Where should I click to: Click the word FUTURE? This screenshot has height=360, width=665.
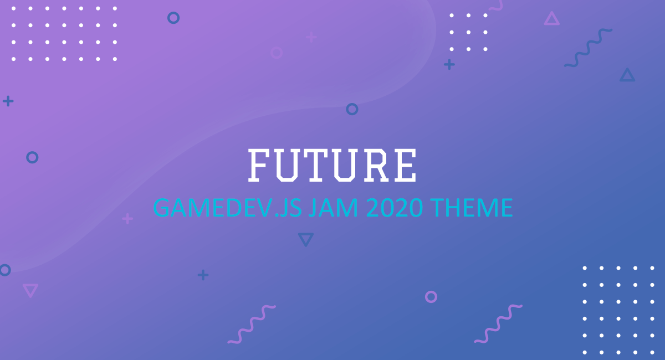coord(332,165)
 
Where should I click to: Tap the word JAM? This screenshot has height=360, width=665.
coord(333,208)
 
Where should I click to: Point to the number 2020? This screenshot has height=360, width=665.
coord(395,208)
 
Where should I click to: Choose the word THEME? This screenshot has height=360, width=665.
coord(472,208)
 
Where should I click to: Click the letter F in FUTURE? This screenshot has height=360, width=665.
coord(259,165)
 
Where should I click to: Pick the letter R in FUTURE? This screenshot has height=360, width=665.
coord(376,165)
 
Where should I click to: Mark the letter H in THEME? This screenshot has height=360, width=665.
coord(455,208)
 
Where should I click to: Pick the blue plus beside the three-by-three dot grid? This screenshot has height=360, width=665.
coord(449,64)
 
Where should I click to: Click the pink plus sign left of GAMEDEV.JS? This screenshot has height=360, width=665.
coord(127,219)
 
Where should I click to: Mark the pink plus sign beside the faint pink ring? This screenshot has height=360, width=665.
coord(311,38)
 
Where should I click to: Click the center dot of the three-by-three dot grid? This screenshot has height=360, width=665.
coord(468,32)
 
